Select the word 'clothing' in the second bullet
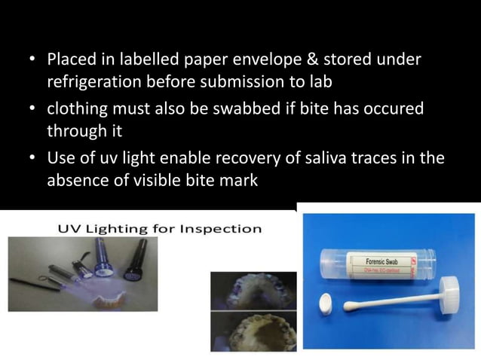click(x=77, y=109)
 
